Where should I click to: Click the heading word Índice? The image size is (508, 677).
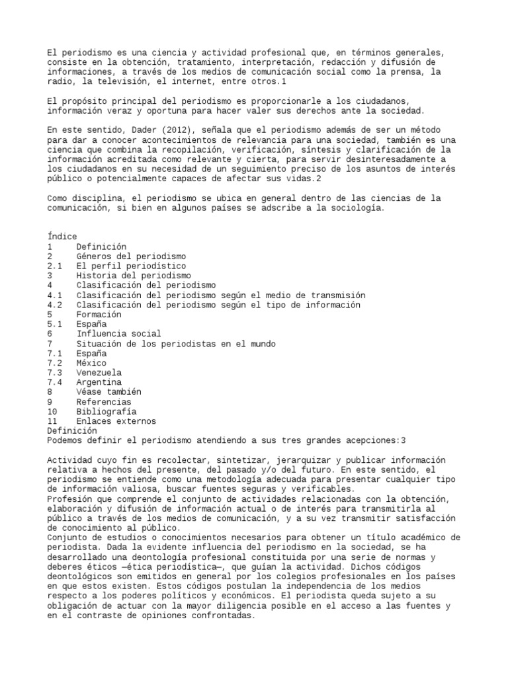tap(62, 237)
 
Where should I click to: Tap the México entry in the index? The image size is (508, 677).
tap(91, 363)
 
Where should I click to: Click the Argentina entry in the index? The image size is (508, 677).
tap(99, 382)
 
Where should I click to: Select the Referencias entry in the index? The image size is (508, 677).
tap(104, 402)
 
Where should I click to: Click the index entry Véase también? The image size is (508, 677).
tap(109, 392)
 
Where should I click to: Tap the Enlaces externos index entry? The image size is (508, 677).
tap(116, 421)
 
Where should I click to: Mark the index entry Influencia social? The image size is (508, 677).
tap(118, 334)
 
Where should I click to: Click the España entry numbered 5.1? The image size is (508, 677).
tap(91, 325)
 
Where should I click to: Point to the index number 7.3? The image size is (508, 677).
tap(55, 373)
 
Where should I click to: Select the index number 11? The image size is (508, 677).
tap(53, 421)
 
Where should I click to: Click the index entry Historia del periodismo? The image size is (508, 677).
tap(134, 276)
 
